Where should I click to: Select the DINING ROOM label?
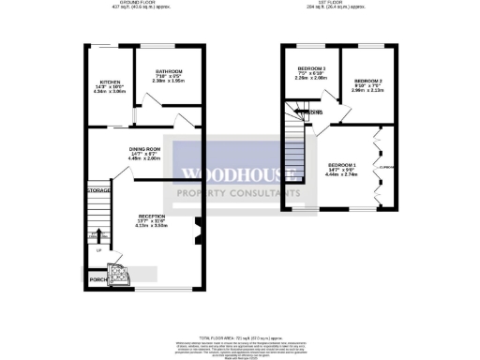(144, 149)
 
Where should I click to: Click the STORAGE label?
(99, 191)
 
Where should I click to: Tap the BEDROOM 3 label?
(311, 68)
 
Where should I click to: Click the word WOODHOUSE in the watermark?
(239, 173)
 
